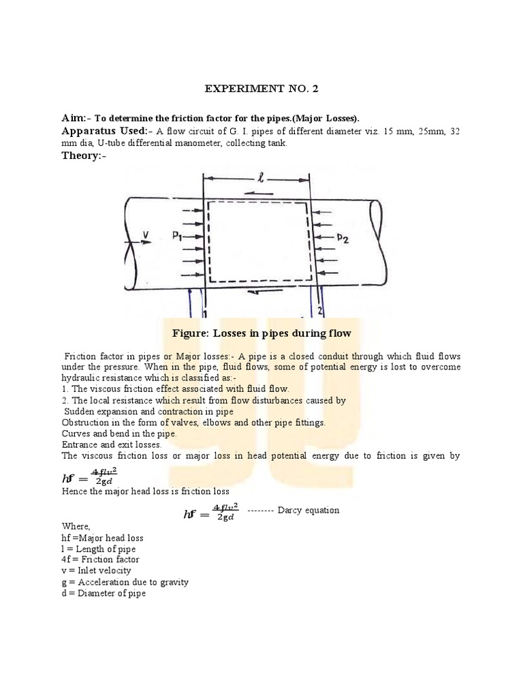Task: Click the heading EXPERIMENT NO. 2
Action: pos(261,89)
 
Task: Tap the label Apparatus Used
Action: pos(104,131)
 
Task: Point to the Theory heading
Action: pos(84,156)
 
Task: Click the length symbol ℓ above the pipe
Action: pos(260,179)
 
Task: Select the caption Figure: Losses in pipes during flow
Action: pos(262,333)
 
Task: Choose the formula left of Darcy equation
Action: pos(210,512)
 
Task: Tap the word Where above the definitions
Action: pos(76,526)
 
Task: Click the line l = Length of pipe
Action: pos(98,549)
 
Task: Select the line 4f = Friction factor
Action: pos(100,560)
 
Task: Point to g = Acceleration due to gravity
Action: pos(125,582)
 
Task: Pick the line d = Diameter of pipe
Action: pos(104,593)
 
